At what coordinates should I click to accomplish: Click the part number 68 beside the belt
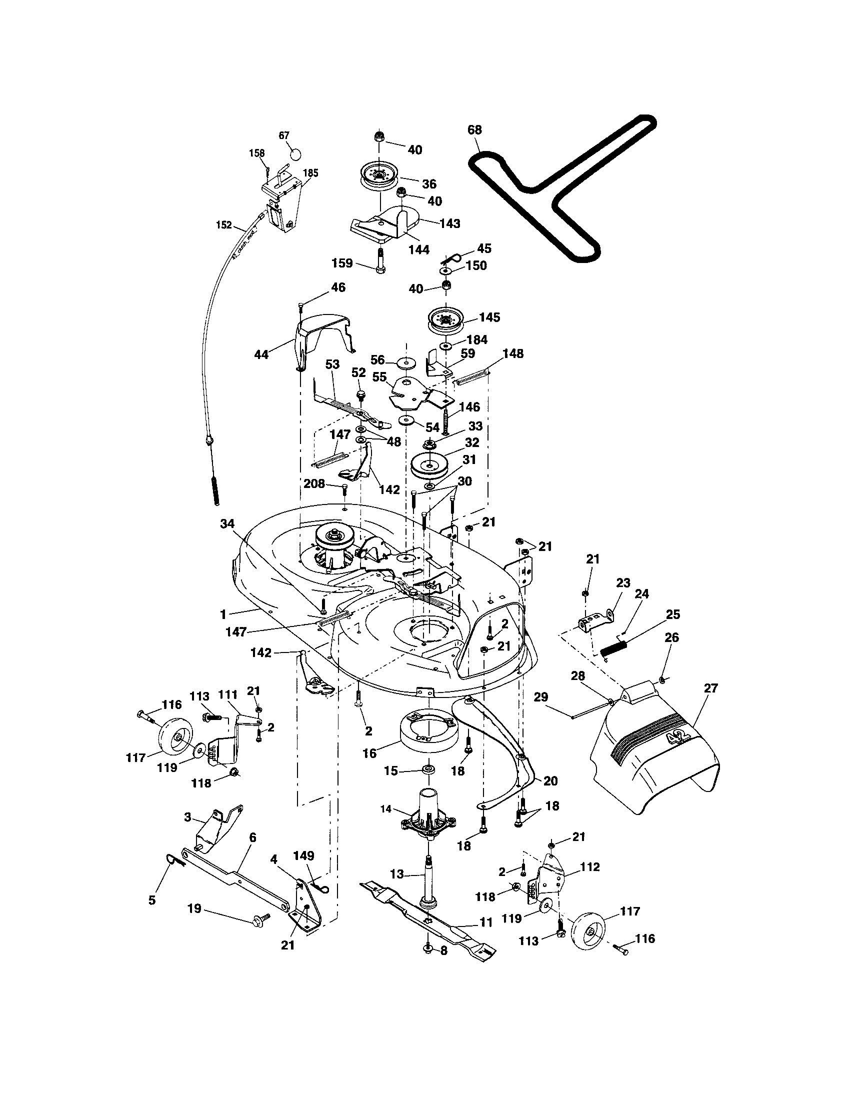(x=474, y=130)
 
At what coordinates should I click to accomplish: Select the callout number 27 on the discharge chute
(x=710, y=687)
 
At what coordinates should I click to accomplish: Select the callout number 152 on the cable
(x=224, y=224)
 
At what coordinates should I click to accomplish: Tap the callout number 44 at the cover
(x=261, y=354)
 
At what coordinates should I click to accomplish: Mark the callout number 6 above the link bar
(x=252, y=837)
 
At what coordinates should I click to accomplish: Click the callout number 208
(x=313, y=484)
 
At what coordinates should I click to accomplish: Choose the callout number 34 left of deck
(x=227, y=524)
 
